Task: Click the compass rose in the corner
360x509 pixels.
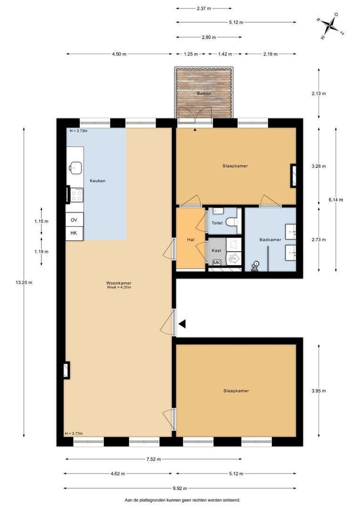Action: coord(330,25)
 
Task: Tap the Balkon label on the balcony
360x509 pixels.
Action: coord(204,93)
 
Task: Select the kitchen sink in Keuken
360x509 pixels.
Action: coord(74,167)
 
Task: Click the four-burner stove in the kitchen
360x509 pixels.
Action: coord(77,195)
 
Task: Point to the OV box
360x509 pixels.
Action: coord(74,220)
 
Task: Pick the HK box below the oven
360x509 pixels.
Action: coord(74,233)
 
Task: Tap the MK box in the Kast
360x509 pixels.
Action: coord(217,263)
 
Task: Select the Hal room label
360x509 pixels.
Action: coord(190,239)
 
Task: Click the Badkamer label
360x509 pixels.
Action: coord(270,239)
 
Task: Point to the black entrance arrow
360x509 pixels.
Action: coord(182,324)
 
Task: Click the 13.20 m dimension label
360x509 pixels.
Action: coord(24,282)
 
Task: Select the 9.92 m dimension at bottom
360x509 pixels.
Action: coord(180,488)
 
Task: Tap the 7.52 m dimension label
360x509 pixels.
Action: coord(154,459)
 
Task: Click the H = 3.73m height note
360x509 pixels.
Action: coord(79,131)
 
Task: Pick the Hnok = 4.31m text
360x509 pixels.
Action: coord(119,287)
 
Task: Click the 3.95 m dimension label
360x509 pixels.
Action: coord(319,391)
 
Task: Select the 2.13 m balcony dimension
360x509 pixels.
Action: coord(319,93)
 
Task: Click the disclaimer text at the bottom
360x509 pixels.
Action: coord(182,500)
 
